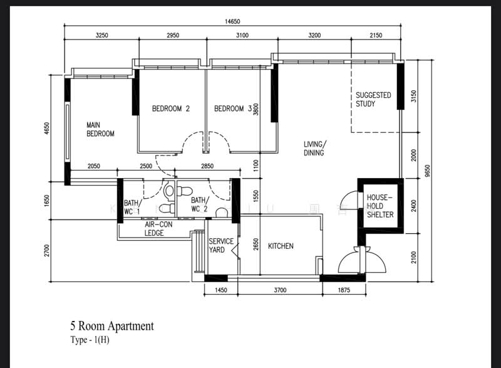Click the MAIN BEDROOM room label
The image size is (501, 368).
100,129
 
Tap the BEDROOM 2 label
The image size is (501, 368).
171,108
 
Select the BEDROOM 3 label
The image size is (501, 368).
232,108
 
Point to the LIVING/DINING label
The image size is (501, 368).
314,148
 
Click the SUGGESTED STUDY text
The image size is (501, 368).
373,100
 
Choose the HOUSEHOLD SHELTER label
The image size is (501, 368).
380,206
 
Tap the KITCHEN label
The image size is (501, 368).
281,246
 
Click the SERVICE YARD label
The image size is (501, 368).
220,246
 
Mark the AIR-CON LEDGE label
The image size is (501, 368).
154,228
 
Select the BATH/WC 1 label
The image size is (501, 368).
132,207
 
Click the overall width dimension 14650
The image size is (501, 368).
232,21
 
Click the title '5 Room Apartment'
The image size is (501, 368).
111,326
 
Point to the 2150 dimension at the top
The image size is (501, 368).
375,36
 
